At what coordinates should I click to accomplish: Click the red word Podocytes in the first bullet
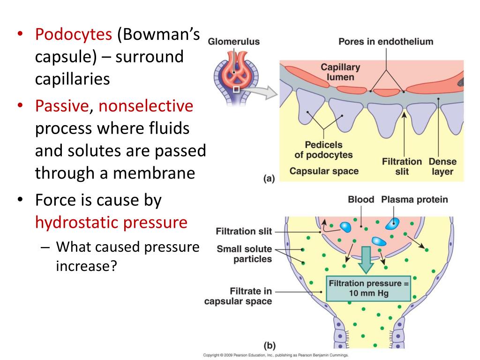(74, 35)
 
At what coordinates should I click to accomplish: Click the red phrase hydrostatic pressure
(111, 222)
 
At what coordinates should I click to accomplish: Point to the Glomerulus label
(234, 42)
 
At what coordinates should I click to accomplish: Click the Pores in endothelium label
(386, 42)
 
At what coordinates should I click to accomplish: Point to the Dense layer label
(442, 166)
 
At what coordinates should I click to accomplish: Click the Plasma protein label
(414, 200)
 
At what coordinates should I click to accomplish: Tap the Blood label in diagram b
(361, 200)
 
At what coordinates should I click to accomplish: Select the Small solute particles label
(244, 254)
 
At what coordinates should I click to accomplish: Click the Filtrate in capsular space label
(239, 296)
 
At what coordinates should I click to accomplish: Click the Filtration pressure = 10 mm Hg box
(368, 288)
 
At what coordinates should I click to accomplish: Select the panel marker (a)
(269, 178)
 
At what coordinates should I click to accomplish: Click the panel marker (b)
(269, 346)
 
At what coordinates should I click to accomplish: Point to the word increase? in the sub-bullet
(86, 266)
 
